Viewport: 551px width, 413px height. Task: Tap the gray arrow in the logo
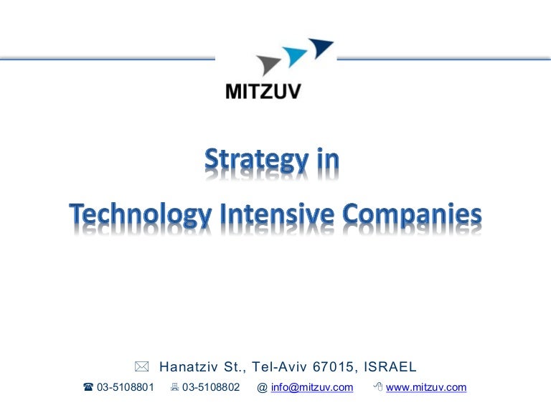(x=269, y=65)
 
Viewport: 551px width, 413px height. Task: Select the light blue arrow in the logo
(x=294, y=56)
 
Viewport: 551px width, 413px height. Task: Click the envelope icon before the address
(x=142, y=367)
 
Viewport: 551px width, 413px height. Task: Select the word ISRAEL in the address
(x=390, y=367)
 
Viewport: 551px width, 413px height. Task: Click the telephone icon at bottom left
(x=88, y=388)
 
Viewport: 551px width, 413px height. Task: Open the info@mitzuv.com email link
(x=312, y=388)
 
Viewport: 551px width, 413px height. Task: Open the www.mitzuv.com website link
(x=426, y=388)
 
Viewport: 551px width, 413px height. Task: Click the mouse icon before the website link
(x=377, y=388)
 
